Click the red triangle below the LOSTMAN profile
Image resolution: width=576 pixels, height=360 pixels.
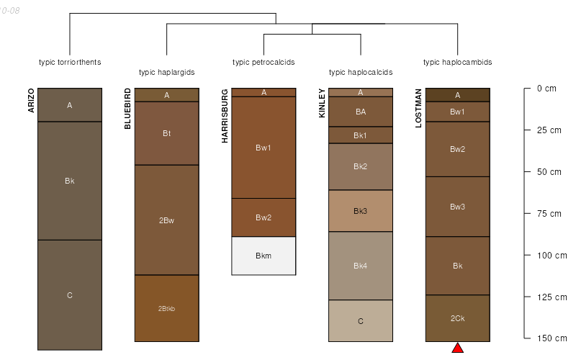(457, 348)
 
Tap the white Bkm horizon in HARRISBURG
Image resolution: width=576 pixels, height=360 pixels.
(264, 256)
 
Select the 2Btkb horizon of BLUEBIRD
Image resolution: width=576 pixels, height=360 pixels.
(166, 308)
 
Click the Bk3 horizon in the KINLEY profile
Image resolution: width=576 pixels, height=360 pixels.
(361, 211)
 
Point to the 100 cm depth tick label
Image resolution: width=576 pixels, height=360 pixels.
(552, 255)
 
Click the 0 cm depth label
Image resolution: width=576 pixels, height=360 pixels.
(546, 89)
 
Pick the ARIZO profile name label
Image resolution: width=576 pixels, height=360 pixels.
(31, 101)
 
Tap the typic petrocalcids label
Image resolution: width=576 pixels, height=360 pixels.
(264, 62)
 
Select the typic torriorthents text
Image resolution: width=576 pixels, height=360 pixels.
(70, 62)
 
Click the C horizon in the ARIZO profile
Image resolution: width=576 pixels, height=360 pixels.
(70, 294)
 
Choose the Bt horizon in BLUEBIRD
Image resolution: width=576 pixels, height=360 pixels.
(166, 133)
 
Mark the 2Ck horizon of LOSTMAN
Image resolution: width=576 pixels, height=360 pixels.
(457, 318)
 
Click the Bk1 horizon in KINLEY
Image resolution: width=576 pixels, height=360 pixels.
(361, 135)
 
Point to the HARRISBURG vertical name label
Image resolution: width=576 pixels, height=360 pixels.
(225, 116)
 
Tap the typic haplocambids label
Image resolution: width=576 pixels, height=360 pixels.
(457, 62)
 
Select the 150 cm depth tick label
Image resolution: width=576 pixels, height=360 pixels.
(552, 338)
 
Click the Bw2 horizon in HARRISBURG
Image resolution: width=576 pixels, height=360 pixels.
(264, 217)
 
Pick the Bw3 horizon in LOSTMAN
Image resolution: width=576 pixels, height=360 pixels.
(457, 207)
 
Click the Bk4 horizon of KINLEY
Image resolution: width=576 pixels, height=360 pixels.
(361, 266)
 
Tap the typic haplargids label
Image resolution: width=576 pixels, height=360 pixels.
(166, 72)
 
